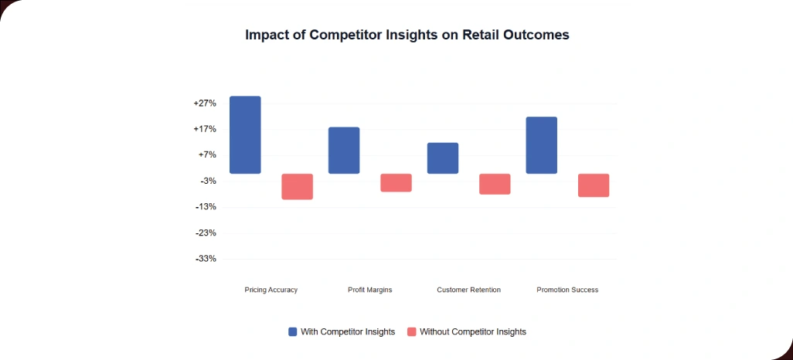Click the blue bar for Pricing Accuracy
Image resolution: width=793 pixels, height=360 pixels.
click(245, 135)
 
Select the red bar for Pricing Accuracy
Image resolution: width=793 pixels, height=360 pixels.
click(297, 187)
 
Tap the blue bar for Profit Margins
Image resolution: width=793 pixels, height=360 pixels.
click(344, 151)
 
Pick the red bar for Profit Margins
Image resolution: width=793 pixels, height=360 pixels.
click(396, 183)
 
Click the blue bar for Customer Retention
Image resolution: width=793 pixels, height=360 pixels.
click(443, 158)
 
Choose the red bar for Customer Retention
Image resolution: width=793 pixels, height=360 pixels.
click(495, 184)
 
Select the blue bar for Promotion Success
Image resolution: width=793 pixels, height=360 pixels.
click(541, 145)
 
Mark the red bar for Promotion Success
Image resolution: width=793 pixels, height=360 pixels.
click(594, 185)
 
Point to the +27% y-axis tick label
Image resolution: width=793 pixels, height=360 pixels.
click(205, 104)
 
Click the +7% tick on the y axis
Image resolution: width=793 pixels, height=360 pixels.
click(206, 155)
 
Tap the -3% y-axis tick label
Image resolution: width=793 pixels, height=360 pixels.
click(207, 182)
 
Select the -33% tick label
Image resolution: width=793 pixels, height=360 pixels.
click(206, 259)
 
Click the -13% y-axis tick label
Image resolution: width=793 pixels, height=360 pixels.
click(206, 207)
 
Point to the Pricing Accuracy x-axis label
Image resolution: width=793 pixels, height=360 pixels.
click(271, 290)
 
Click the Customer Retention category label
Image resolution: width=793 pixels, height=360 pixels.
click(468, 290)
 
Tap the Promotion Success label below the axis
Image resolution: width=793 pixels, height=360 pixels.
click(567, 290)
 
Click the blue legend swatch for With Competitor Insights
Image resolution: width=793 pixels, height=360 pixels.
click(292, 332)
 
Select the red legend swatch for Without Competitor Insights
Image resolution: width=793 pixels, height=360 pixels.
click(411, 332)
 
